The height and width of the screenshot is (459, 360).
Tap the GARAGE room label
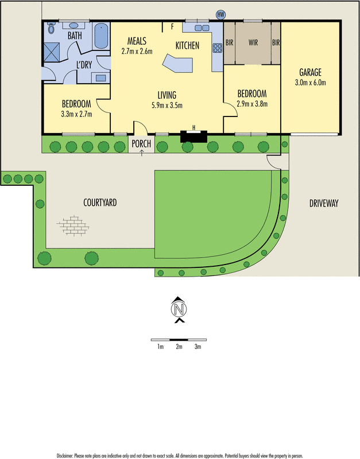pos(310,72)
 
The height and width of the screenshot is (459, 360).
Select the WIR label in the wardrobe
pos(253,42)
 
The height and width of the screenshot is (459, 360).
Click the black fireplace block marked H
pos(193,135)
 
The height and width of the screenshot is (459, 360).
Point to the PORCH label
pos(141,144)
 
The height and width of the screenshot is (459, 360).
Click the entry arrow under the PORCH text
pos(141,152)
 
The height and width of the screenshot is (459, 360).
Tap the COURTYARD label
pos(100,203)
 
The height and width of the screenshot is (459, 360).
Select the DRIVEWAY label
pos(324,203)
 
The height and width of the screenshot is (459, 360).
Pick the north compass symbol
pos(179,309)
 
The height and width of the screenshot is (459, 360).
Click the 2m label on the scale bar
pos(179,347)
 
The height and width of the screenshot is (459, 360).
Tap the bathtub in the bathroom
pos(101,36)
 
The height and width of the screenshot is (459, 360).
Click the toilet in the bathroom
pos(51,28)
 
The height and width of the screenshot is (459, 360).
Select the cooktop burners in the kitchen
pos(218,49)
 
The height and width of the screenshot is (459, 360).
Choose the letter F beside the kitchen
pos(171,26)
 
